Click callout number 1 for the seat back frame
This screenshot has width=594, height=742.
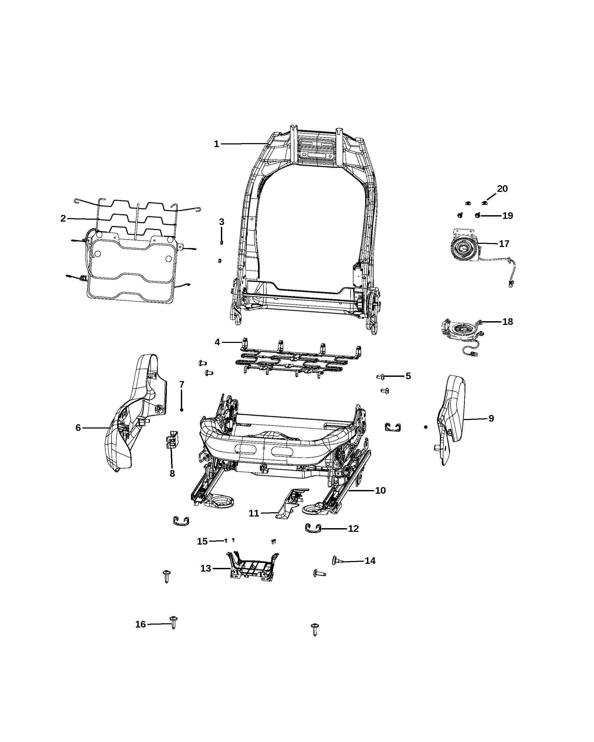click(216, 144)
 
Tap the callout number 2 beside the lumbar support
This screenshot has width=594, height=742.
click(63, 219)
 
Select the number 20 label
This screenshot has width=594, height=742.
click(502, 189)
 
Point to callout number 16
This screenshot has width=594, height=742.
click(141, 624)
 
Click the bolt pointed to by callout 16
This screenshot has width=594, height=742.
click(173, 622)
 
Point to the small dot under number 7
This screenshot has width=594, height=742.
click(181, 410)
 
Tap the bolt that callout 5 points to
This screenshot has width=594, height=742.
click(381, 377)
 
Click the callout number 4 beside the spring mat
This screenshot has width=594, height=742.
click(217, 342)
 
